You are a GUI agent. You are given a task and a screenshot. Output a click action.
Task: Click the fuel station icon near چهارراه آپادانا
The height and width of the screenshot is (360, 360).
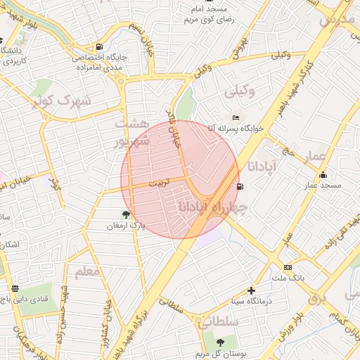pos(241,186)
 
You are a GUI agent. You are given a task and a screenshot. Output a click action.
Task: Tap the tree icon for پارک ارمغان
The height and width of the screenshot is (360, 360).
pos(126,214)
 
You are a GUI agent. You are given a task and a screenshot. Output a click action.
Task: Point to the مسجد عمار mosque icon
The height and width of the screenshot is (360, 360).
pos(323,174)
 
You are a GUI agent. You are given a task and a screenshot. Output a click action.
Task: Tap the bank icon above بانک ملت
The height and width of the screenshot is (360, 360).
pos(288,267)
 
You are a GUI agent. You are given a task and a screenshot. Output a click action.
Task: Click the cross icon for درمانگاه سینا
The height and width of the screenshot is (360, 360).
pos(251,290)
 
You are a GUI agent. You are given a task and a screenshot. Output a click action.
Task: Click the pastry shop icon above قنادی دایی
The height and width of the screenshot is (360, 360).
pos(15,287)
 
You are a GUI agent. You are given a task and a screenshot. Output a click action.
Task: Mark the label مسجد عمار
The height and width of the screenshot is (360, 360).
pos(322,186)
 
